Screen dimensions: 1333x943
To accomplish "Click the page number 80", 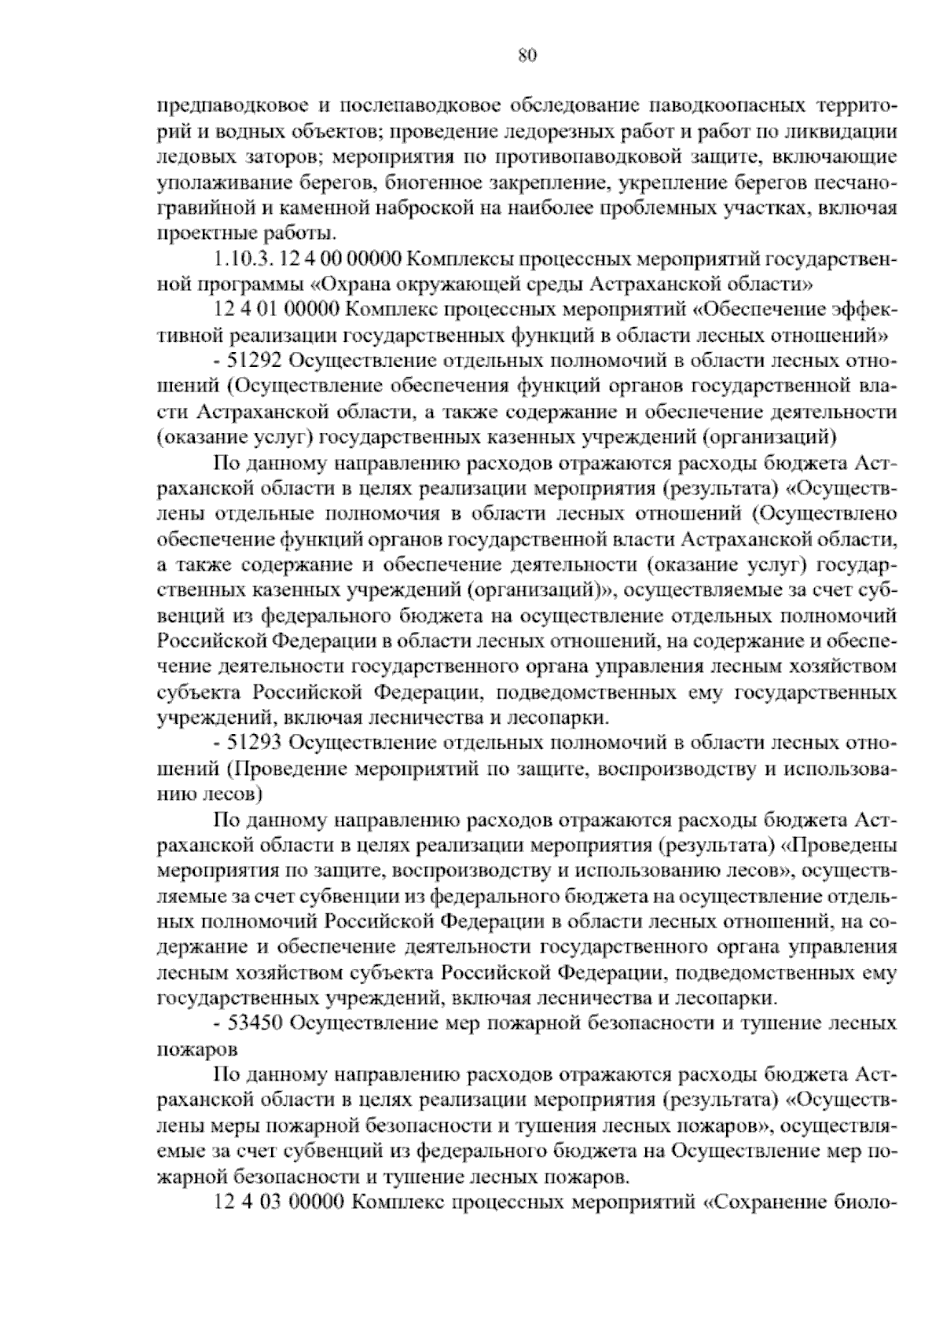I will tap(527, 54).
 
